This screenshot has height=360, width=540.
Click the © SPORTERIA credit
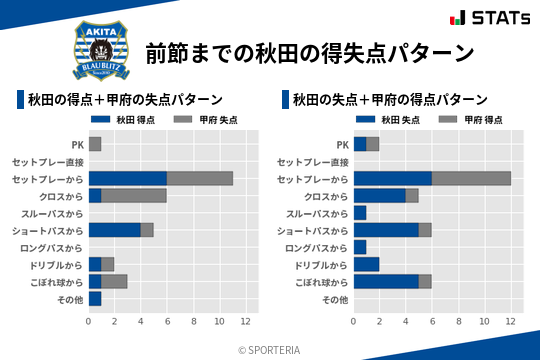270,350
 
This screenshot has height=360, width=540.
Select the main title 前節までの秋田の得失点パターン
309,52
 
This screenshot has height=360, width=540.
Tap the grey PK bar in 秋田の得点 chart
95,144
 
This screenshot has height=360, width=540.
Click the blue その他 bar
95,299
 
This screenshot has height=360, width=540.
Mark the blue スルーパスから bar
360,213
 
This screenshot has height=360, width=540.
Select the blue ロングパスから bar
360,247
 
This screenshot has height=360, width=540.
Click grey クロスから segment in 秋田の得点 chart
134,196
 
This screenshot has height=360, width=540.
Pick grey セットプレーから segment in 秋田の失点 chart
471,178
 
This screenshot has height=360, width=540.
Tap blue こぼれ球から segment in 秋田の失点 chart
386,282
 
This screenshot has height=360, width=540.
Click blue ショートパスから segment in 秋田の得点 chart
115,230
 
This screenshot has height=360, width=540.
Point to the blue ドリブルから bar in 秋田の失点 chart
366,264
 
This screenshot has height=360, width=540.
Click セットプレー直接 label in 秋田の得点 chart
48,161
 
